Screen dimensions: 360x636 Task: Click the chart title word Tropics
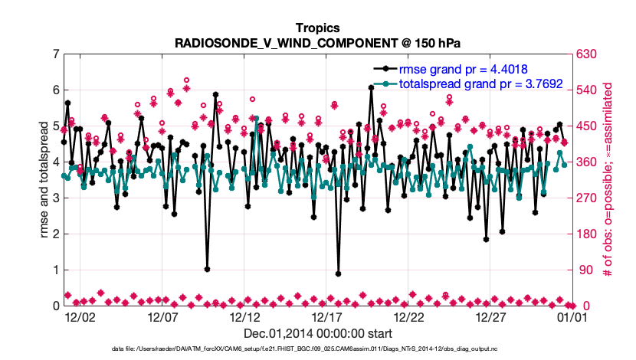318,28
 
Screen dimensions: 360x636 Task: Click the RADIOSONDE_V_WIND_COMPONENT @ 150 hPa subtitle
318,43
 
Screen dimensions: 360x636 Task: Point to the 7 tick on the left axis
54,54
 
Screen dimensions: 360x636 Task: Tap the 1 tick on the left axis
54,270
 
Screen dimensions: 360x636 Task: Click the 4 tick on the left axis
54,162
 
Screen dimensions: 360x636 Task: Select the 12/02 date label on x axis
80,316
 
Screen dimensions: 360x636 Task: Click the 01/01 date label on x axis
572,316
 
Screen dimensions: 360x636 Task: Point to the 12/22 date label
408,316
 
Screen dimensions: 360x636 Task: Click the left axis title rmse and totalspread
44,179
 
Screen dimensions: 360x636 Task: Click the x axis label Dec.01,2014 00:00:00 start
318,333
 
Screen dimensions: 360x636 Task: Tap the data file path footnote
318,349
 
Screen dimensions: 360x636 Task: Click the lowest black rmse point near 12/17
338,273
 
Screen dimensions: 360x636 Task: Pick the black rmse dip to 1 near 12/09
207,269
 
